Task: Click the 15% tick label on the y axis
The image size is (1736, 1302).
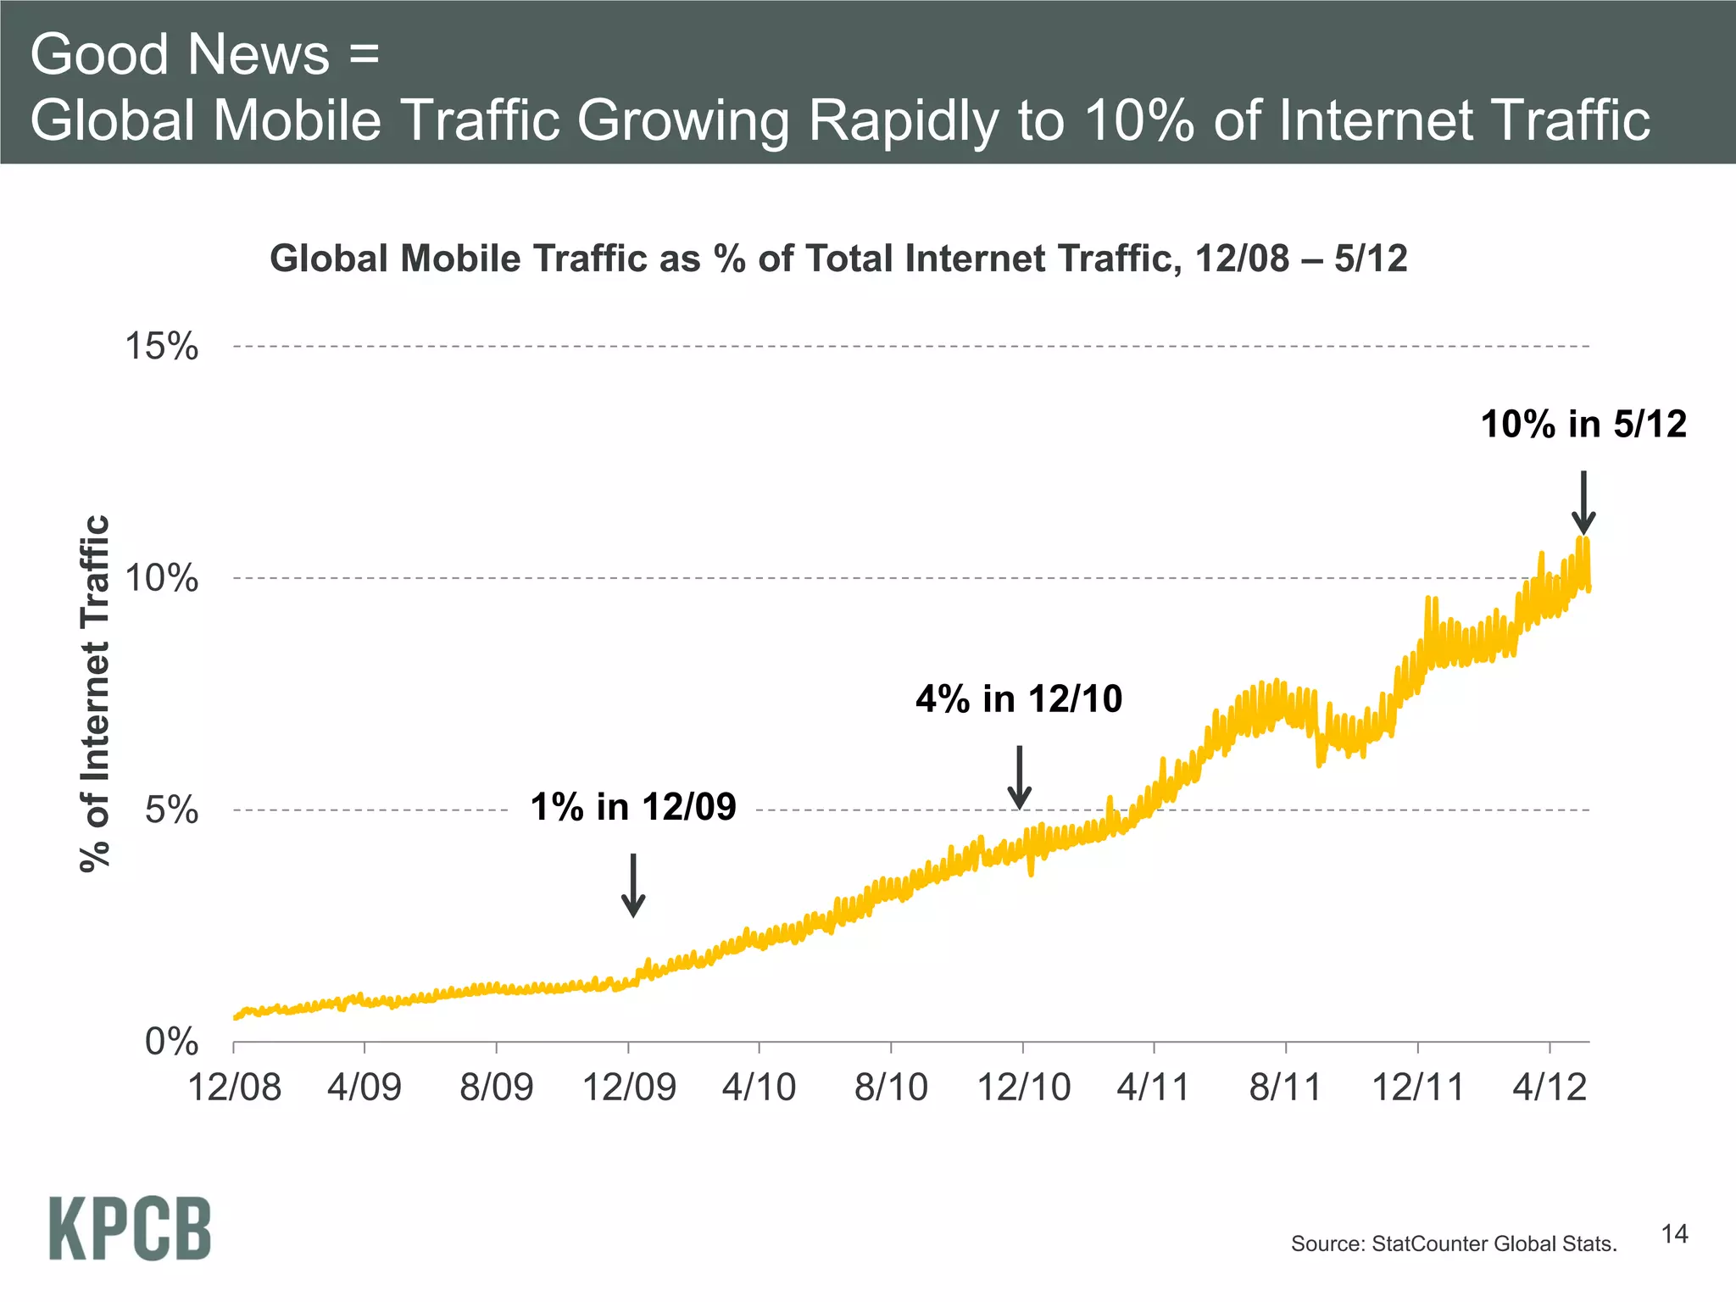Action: (x=161, y=347)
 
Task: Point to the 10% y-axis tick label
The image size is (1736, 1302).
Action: (x=161, y=579)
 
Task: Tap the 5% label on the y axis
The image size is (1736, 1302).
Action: (x=171, y=811)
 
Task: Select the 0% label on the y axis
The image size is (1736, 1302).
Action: (x=171, y=1042)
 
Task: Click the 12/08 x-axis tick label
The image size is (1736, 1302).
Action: (x=234, y=1088)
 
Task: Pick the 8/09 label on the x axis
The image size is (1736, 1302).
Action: (x=497, y=1088)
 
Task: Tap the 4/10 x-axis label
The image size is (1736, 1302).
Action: (x=759, y=1088)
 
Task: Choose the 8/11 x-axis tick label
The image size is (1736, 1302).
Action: (x=1285, y=1088)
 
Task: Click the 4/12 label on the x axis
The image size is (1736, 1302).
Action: (x=1550, y=1088)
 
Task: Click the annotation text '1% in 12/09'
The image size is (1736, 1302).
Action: (x=632, y=807)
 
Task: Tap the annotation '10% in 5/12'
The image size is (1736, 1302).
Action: (x=1583, y=425)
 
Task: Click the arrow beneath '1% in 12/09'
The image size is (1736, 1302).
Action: (x=633, y=885)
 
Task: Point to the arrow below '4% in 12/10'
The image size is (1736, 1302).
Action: (x=1020, y=777)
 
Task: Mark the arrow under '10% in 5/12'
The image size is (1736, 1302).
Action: (x=1583, y=502)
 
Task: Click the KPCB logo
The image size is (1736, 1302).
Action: (x=130, y=1229)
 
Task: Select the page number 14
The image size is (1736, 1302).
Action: (x=1674, y=1234)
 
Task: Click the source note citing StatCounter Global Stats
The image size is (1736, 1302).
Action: (x=1453, y=1244)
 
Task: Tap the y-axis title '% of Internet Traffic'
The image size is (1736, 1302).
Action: (x=96, y=693)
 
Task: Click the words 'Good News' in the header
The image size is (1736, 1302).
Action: (x=180, y=54)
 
